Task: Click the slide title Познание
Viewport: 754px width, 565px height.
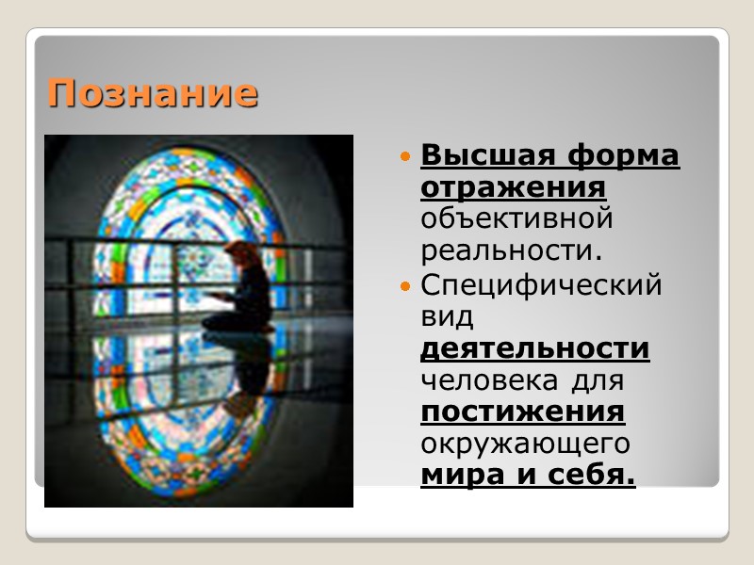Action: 152,93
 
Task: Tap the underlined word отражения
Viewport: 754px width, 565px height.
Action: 513,186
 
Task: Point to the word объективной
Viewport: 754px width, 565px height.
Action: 516,219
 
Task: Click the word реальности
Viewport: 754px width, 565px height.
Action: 510,251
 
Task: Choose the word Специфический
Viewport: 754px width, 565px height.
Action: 541,284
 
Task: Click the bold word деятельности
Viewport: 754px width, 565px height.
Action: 534,348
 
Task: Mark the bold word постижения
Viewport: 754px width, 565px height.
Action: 522,412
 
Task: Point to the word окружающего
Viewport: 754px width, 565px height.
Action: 524,444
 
